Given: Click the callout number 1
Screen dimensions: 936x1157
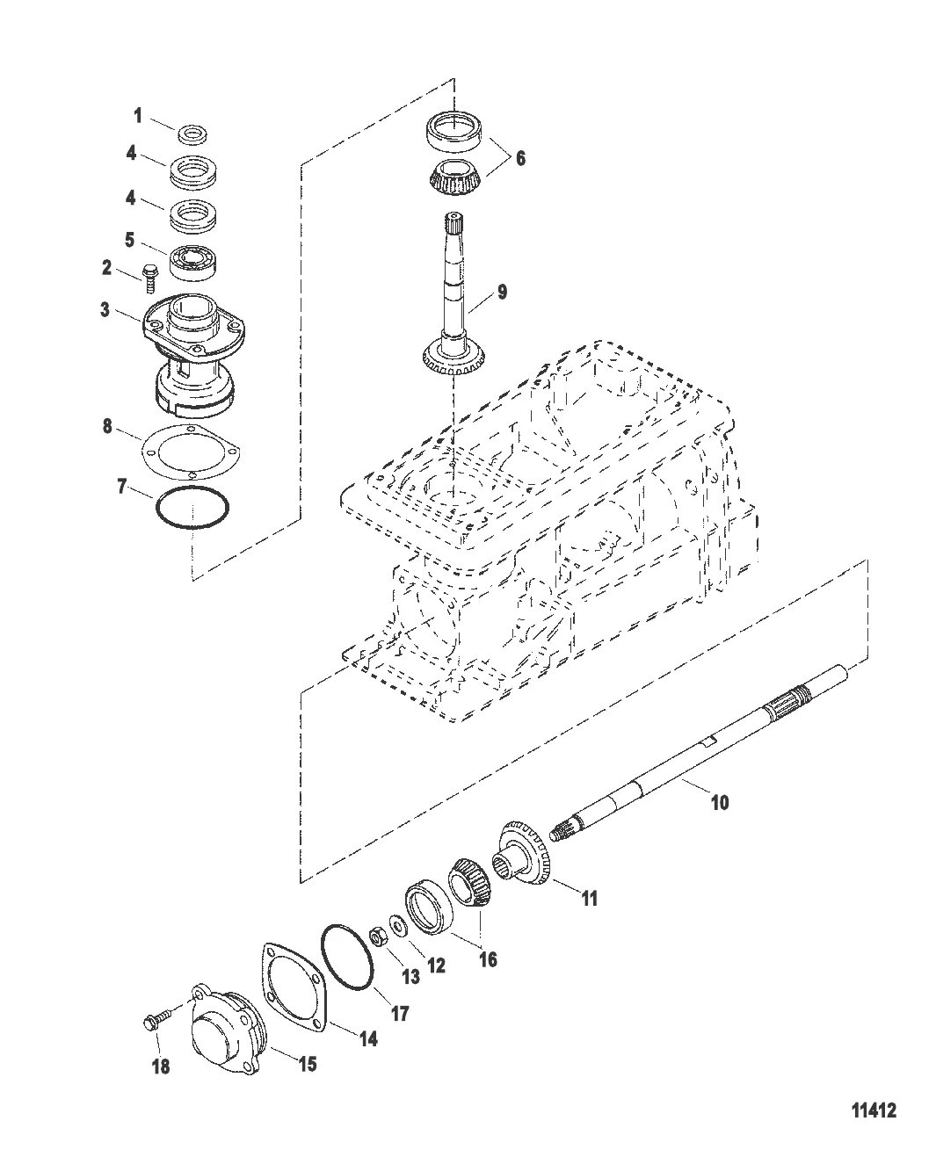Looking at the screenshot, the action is (138, 115).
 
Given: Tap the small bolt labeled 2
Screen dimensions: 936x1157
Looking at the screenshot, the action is (148, 278).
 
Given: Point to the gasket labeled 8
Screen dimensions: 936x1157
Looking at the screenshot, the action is (191, 452).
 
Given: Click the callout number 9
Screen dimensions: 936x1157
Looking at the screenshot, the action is (503, 293).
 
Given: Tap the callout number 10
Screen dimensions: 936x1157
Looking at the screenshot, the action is (720, 802).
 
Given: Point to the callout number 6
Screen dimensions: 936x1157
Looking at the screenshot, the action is (520, 158).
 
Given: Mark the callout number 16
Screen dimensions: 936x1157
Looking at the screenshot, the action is (488, 959).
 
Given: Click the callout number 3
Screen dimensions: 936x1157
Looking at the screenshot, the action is (105, 309).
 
